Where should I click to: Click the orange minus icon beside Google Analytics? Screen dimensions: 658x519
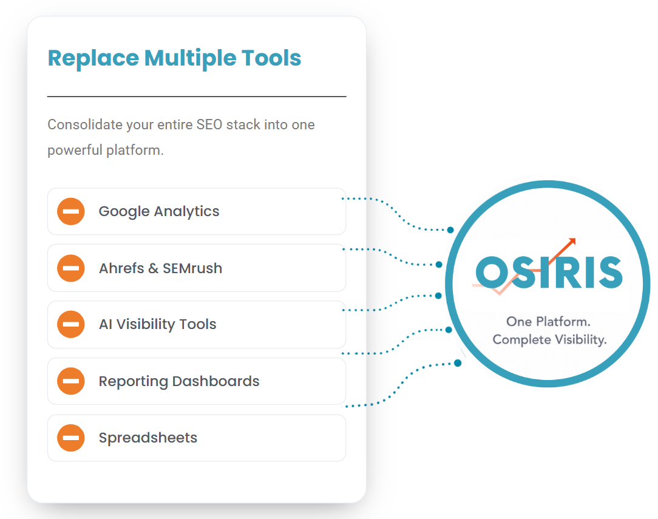71,211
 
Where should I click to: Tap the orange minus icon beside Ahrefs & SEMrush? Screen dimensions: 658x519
71,268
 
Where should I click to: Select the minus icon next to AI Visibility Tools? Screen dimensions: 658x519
71,324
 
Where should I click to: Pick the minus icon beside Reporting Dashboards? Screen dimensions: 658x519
71,381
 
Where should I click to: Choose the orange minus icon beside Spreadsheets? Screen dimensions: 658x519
71,438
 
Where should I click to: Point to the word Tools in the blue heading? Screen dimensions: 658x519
271,58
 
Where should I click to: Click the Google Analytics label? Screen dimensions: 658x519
159,211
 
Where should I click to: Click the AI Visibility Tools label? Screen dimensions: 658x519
157,324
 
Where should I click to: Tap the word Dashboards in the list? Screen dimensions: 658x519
215,381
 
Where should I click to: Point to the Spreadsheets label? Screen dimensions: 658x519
148,438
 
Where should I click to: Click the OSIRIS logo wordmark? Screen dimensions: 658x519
549,273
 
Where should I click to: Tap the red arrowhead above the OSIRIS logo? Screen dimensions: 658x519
572,242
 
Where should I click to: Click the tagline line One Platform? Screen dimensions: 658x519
549,322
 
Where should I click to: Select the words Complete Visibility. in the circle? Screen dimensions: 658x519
550,340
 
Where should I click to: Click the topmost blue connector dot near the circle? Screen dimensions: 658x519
450,230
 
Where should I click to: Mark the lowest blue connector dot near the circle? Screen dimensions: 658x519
458,363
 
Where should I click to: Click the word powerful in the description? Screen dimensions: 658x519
75,150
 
